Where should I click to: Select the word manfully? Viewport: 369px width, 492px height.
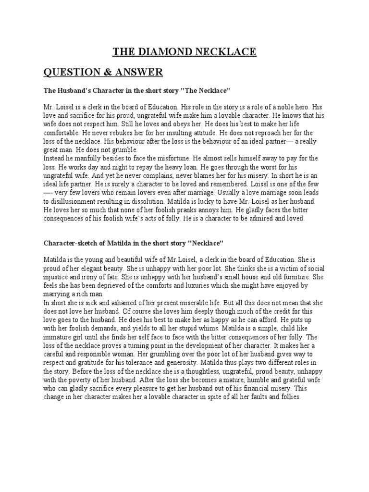pos(83,158)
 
